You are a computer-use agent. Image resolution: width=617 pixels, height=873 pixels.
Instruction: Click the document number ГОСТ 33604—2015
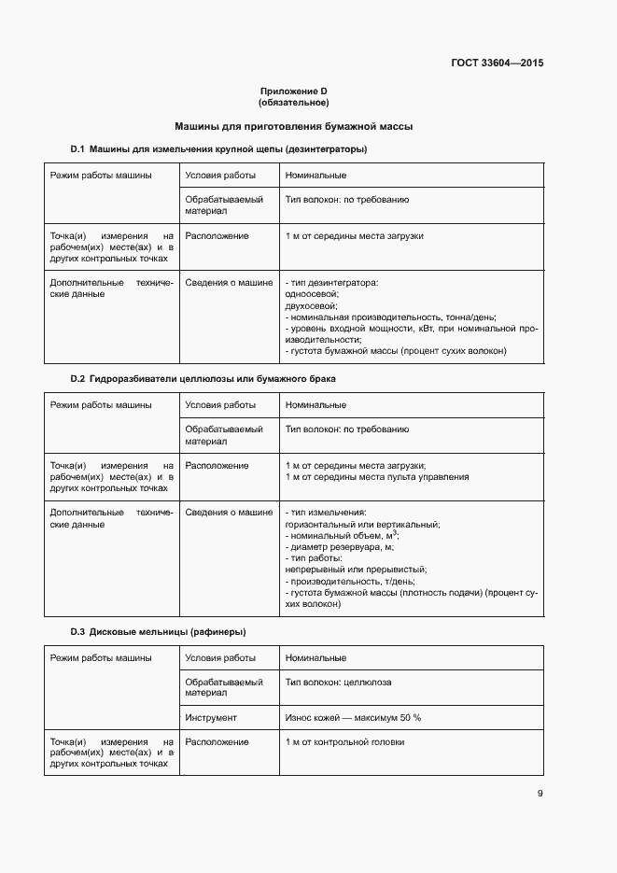click(x=496, y=63)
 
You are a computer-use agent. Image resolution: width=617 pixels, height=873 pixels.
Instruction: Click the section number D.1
click(x=78, y=149)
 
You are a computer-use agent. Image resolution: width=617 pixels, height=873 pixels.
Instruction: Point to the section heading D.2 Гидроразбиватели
click(x=203, y=379)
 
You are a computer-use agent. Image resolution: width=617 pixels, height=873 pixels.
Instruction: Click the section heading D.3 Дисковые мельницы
click(x=159, y=632)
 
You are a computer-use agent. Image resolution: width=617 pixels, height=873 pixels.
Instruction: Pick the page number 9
click(x=540, y=794)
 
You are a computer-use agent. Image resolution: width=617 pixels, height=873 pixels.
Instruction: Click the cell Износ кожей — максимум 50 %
click(x=353, y=717)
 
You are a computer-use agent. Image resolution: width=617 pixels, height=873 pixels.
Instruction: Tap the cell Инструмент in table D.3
click(x=211, y=717)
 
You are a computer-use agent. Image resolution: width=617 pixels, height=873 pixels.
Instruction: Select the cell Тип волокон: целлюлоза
click(x=338, y=682)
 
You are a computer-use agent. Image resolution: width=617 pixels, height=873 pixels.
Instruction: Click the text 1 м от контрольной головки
click(x=344, y=741)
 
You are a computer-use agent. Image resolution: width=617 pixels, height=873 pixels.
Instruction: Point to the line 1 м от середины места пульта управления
click(x=377, y=477)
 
